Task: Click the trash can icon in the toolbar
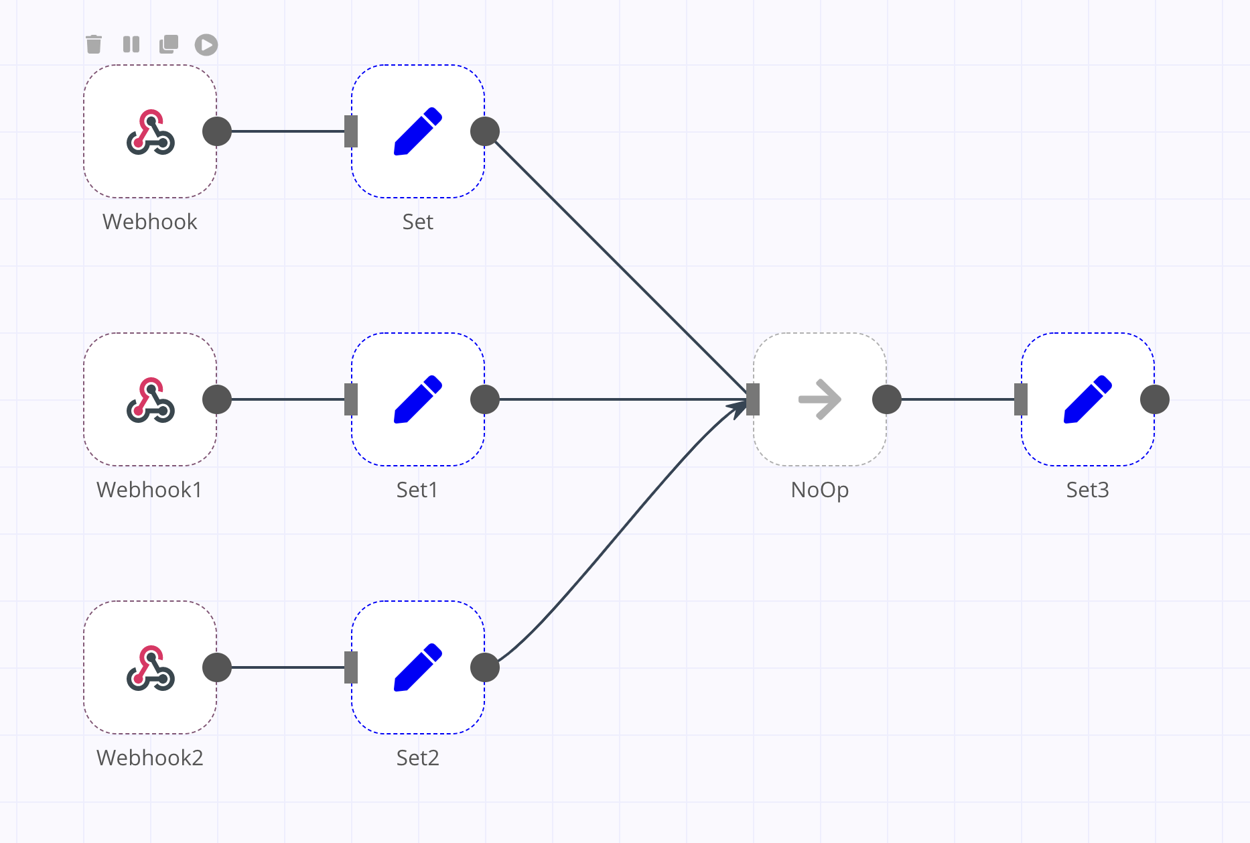[x=94, y=44]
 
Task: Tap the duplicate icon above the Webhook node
[x=169, y=44]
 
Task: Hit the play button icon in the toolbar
[x=206, y=45]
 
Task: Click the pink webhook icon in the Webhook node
[x=151, y=132]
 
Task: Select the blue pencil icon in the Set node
[x=418, y=131]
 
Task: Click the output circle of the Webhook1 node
[x=217, y=399]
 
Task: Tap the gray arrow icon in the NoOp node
[x=820, y=399]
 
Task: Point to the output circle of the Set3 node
[x=1155, y=399]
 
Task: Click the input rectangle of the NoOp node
[x=753, y=399]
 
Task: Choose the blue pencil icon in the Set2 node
[x=418, y=667]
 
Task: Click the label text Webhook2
[x=150, y=757]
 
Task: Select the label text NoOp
[x=820, y=490]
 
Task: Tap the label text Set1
[x=417, y=490]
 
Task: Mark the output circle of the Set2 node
[x=485, y=667]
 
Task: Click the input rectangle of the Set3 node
[x=1021, y=399]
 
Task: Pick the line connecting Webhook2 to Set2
[x=288, y=667]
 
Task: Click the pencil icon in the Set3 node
[x=1088, y=399]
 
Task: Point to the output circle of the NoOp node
[x=887, y=399]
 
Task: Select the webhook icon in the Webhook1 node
[x=151, y=400]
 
